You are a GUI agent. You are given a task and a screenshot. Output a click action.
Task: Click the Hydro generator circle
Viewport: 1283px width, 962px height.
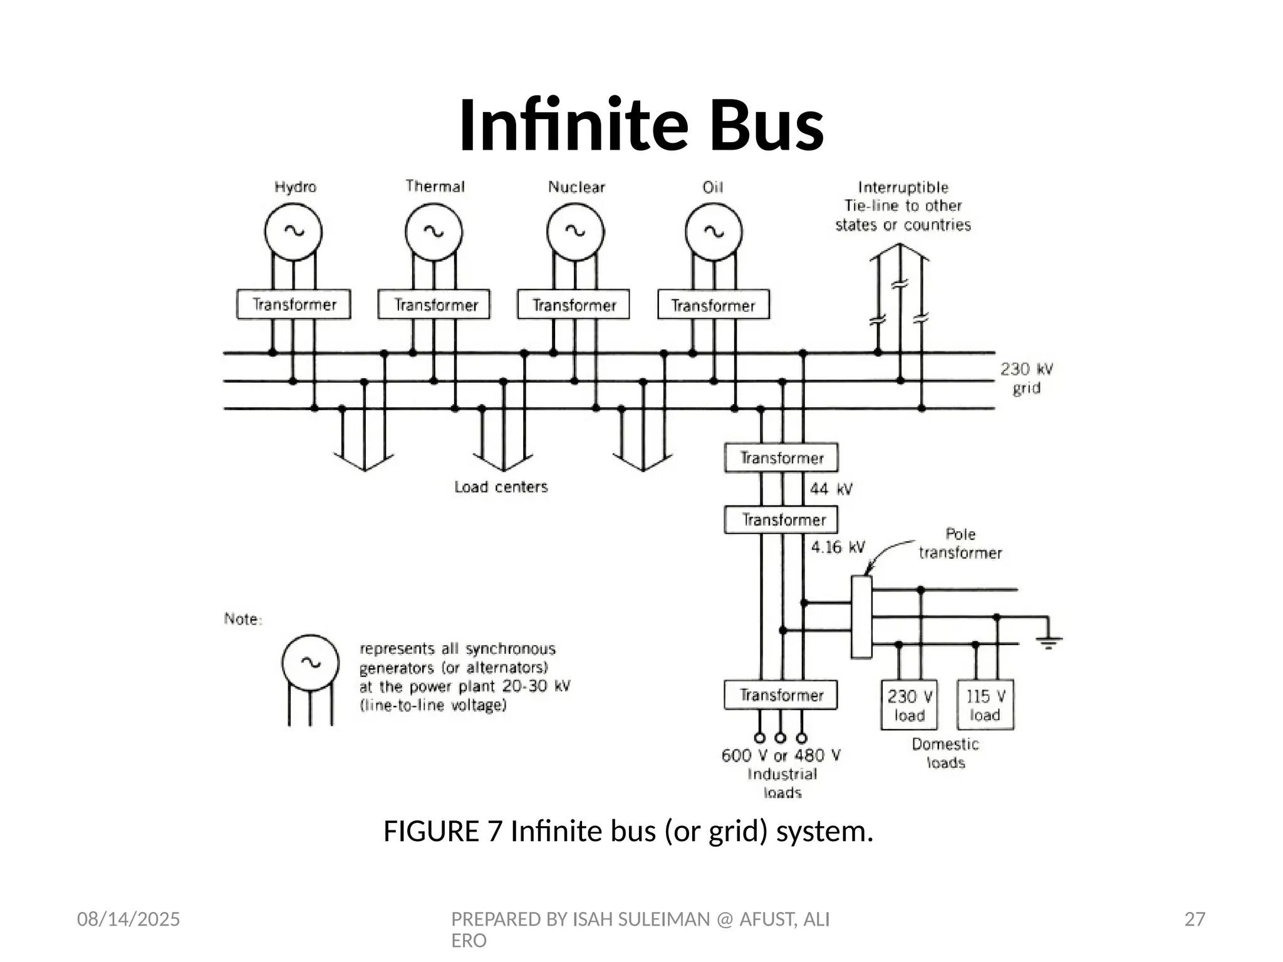pyautogui.click(x=293, y=232)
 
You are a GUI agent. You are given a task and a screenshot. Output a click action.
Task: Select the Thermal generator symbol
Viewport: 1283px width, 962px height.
pyautogui.click(x=434, y=232)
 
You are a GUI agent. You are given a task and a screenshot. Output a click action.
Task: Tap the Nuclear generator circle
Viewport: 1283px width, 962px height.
pyautogui.click(x=575, y=232)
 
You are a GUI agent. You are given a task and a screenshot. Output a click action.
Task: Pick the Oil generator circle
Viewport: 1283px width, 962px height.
pyautogui.click(x=714, y=232)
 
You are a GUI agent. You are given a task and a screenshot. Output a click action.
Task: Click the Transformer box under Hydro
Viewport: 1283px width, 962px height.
pyautogui.click(x=293, y=304)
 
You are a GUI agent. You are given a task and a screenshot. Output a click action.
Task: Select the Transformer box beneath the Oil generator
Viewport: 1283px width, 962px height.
pyautogui.click(x=714, y=305)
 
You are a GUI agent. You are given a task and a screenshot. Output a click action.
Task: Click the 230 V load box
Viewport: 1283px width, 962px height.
pyautogui.click(x=909, y=705)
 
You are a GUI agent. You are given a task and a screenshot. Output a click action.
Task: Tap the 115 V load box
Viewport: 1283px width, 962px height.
pyautogui.click(x=985, y=705)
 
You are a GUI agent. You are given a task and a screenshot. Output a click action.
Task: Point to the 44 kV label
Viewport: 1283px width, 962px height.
pyautogui.click(x=831, y=489)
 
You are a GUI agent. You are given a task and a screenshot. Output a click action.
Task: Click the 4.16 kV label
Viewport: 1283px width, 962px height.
pyautogui.click(x=838, y=547)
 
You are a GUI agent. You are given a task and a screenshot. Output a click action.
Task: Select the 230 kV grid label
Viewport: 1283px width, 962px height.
pyautogui.click(x=1026, y=378)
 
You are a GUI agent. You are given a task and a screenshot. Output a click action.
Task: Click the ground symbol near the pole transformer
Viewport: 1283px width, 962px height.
pyautogui.click(x=1049, y=640)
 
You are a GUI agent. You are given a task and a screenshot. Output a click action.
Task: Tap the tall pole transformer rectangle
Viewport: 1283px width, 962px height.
pyautogui.click(x=861, y=617)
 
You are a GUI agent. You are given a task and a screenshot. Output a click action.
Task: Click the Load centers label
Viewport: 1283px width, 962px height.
pyautogui.click(x=501, y=487)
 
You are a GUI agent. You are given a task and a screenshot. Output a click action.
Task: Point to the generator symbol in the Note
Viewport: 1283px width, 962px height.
pyautogui.click(x=310, y=664)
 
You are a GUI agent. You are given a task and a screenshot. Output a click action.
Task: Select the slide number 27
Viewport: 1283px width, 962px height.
pyautogui.click(x=1195, y=919)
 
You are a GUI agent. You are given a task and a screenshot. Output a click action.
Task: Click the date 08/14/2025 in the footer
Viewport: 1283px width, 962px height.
pyautogui.click(x=128, y=919)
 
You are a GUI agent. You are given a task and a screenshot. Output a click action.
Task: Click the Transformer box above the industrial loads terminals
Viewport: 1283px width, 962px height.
pyautogui.click(x=781, y=695)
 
